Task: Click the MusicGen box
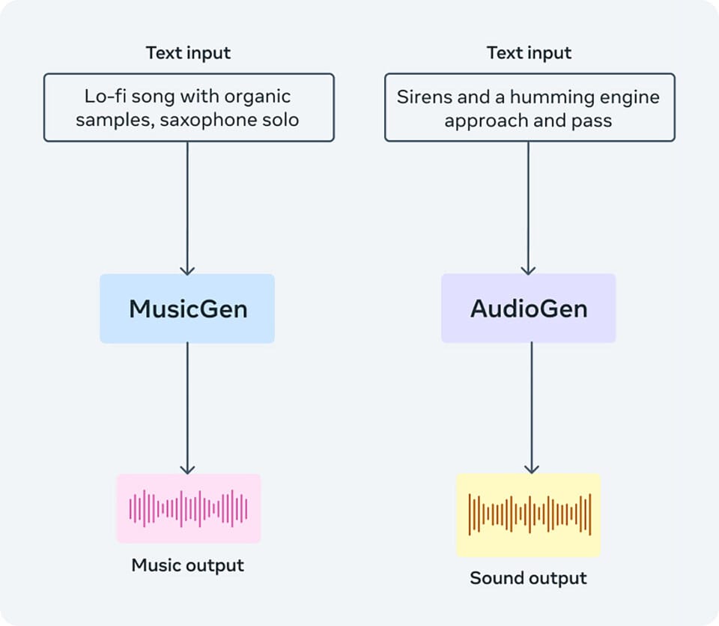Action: [x=187, y=309]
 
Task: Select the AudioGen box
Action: [x=528, y=308]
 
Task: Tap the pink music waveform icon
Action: [x=189, y=508]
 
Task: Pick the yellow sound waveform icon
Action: [x=529, y=515]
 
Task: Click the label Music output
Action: [x=187, y=565]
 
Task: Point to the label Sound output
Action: [x=528, y=578]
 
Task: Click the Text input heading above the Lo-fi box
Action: [x=188, y=52]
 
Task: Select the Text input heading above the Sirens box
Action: [x=529, y=52]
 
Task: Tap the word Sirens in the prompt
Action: [x=417, y=97]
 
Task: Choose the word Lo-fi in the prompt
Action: [x=105, y=97]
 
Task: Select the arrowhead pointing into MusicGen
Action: [x=187, y=270]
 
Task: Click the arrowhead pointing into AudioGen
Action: [x=528, y=270]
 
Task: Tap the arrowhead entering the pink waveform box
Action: [x=187, y=469]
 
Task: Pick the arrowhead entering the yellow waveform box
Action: [x=532, y=468]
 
